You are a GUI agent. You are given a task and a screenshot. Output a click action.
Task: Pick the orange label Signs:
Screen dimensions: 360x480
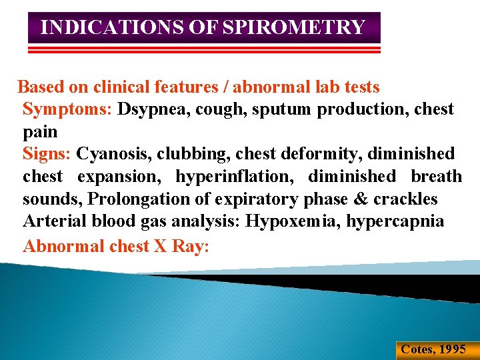(47, 154)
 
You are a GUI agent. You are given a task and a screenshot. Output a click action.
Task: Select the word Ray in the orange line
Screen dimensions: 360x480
(191, 246)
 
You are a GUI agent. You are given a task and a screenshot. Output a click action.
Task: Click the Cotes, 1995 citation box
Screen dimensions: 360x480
(433, 349)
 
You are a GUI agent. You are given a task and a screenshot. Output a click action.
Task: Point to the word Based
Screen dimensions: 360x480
(39, 87)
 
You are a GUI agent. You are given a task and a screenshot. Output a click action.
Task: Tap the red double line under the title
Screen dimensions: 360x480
(204, 50)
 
